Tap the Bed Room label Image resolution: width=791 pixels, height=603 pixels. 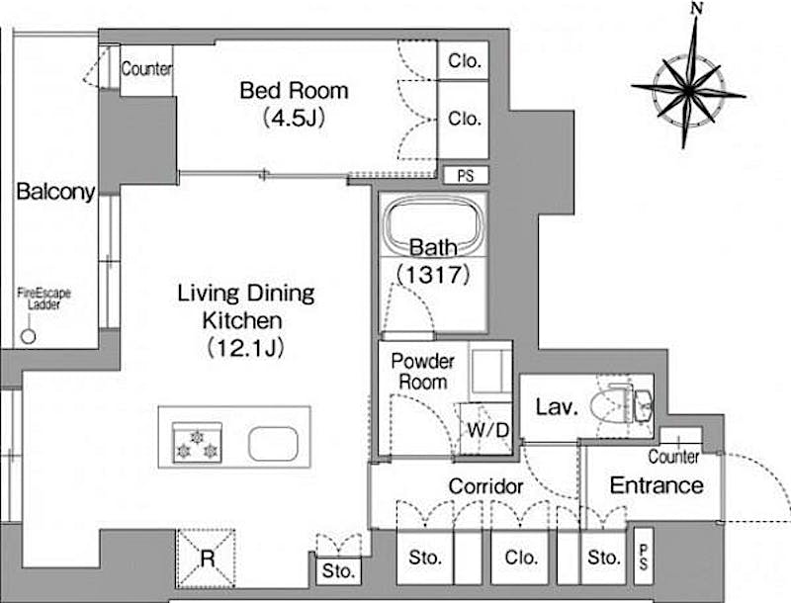coord(294,91)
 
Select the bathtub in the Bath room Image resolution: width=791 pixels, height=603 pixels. coord(433,223)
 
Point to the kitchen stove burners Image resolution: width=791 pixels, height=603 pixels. coord(197,443)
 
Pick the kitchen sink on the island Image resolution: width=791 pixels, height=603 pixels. coord(273,444)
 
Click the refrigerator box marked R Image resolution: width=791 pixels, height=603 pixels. coord(206,559)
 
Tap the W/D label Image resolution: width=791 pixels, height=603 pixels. coord(487,430)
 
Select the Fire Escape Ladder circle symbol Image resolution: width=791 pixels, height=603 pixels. coord(29,336)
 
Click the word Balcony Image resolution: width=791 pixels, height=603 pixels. coord(55,192)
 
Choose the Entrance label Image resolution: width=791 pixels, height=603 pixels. coord(657,485)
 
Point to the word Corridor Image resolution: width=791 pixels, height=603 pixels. coord(485,486)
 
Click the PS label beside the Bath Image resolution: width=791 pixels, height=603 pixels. coord(466,176)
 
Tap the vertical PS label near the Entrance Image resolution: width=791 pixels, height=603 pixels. coord(644,558)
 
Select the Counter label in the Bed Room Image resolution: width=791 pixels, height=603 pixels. coord(146,68)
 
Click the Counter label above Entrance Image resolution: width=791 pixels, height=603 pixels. coord(673,457)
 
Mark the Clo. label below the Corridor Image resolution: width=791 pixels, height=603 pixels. coord(520,558)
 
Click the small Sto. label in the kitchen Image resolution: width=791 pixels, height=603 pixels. coord(338,571)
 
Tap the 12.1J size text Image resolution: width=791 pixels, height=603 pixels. coord(245,348)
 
